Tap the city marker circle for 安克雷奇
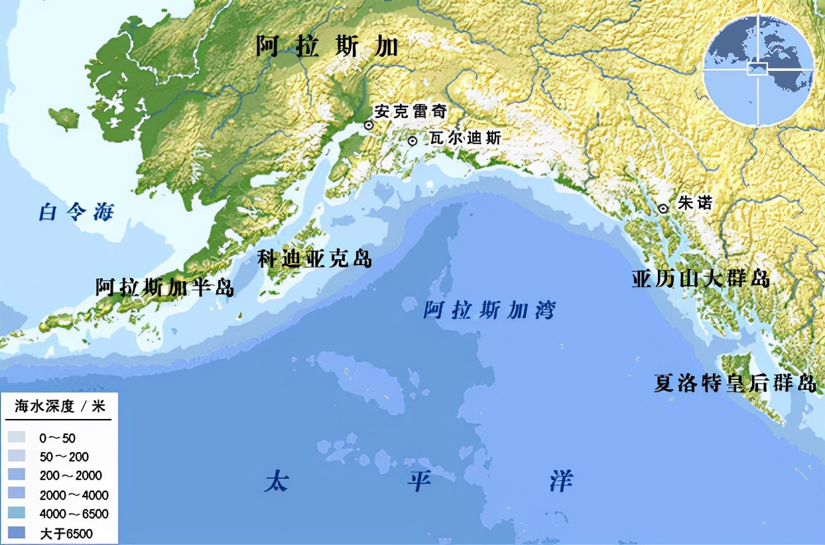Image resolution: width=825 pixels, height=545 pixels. click(368, 125)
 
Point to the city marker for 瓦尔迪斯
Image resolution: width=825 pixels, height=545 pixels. click(412, 141)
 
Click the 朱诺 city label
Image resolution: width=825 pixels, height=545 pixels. click(694, 203)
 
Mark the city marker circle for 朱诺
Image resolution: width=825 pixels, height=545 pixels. click(663, 208)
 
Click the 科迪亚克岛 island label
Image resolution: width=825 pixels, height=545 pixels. click(314, 259)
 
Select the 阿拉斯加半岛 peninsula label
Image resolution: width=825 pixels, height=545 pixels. click(164, 287)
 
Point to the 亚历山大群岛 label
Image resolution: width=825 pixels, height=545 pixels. click(700, 278)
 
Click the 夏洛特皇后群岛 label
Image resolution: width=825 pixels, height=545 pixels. click(734, 383)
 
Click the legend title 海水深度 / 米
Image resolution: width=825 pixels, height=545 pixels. click(60, 406)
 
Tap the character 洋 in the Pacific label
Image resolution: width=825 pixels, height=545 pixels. click(560, 481)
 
